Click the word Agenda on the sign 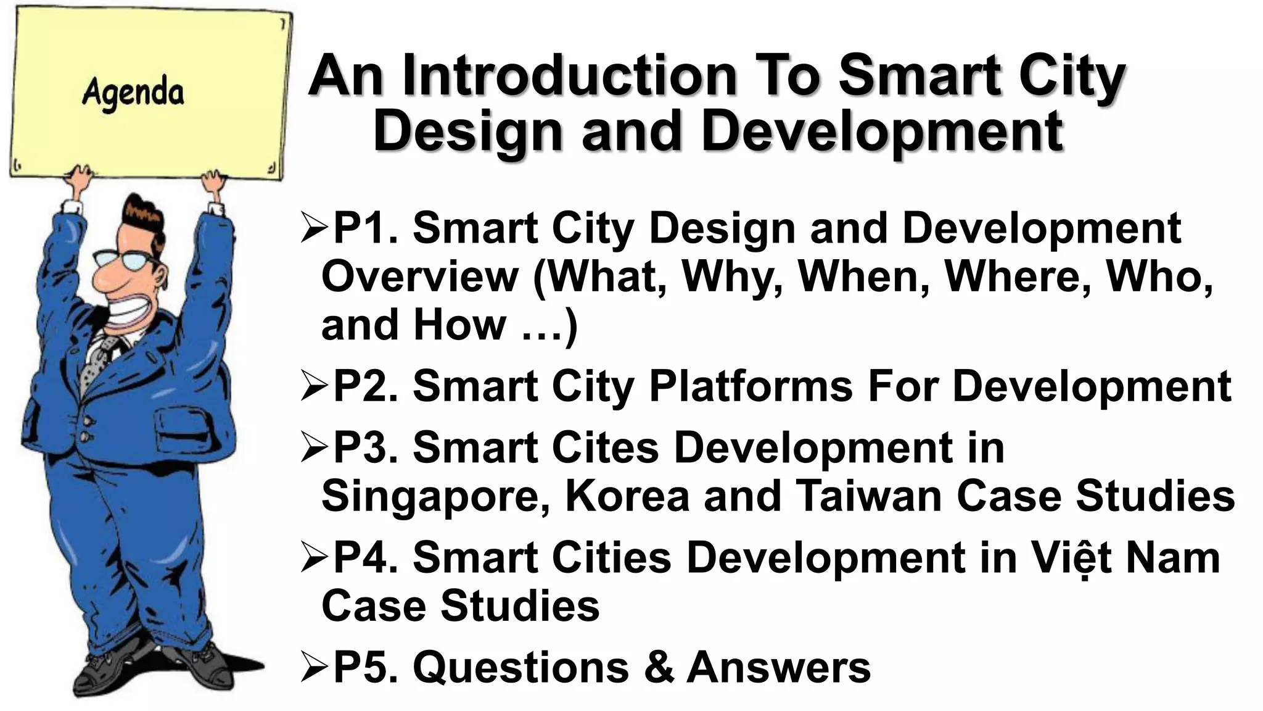pyautogui.click(x=133, y=94)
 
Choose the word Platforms pyautogui.click(x=751, y=387)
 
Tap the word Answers pyautogui.click(x=778, y=667)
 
